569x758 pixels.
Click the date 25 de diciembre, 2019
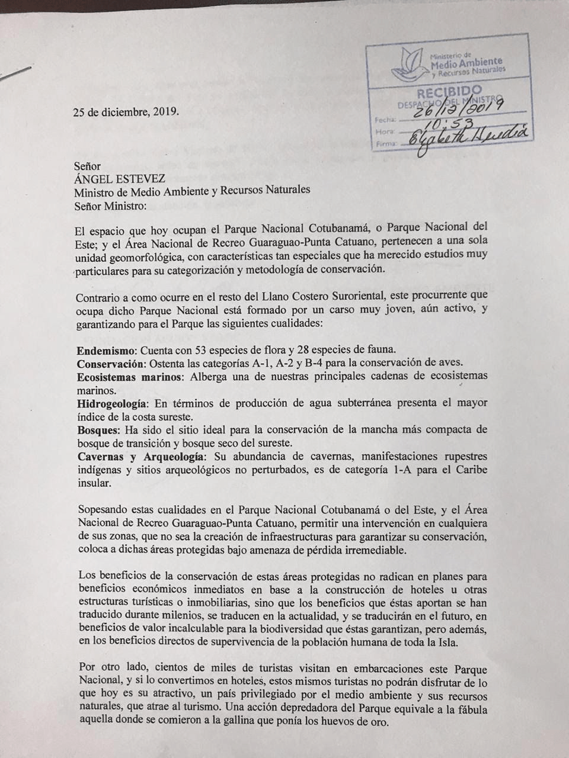point(125,111)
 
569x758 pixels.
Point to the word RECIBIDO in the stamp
point(449,93)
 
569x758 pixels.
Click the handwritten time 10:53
point(446,123)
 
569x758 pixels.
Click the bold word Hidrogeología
point(113,403)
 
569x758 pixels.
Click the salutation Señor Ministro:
point(110,206)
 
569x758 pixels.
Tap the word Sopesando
point(102,510)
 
